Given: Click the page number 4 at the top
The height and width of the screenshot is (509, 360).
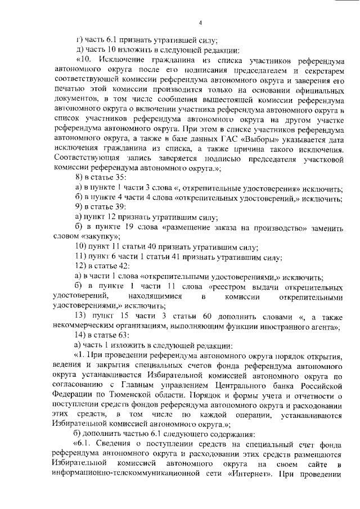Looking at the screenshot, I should pos(200,23).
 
